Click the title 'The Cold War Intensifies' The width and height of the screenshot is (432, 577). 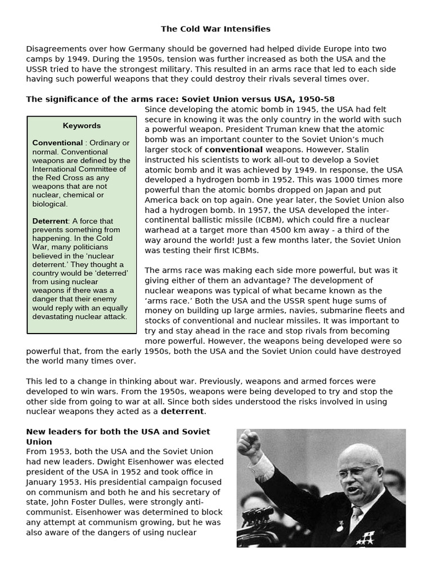(x=216, y=29)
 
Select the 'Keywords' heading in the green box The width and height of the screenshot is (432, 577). (x=82, y=126)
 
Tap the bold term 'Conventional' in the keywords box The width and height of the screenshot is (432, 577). (x=57, y=143)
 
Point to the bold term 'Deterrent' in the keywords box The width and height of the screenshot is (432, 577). (x=50, y=221)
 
